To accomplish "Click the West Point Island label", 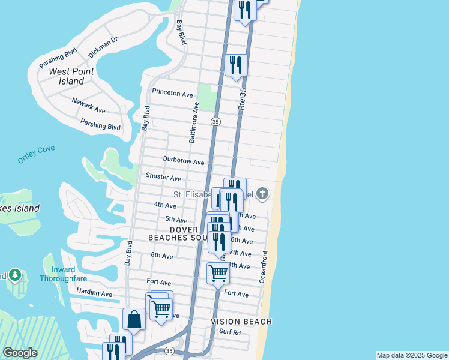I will click(67, 76).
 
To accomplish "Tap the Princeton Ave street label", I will click(172, 94).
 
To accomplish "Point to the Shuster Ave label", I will click(163, 178).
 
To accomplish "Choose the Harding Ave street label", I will click(94, 293).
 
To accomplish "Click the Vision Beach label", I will click(241, 322).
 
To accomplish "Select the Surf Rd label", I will click(230, 332).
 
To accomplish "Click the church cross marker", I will click(262, 193).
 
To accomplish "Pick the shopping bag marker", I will click(134, 319).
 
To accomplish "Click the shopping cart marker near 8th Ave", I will click(218, 273).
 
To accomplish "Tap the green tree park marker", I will click(15, 275).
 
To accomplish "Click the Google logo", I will click(20, 353).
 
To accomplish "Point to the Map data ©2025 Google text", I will click(412, 355).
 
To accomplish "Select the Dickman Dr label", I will click(103, 47).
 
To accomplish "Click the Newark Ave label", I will click(88, 106).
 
